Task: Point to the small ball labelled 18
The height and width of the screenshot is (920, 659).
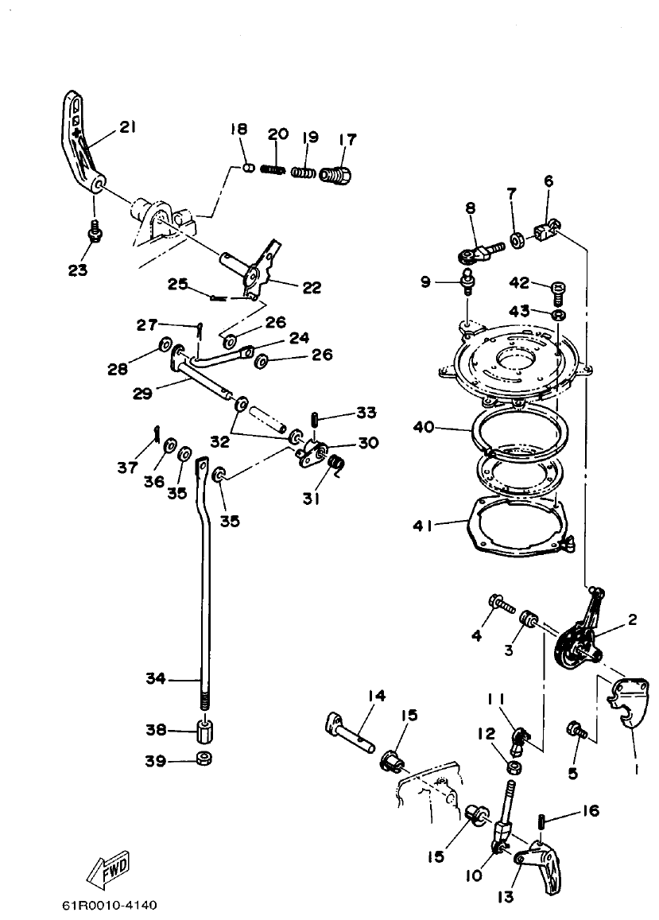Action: point(248,168)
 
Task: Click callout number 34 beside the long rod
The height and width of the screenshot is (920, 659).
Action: point(157,679)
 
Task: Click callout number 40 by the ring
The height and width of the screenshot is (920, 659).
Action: point(425,428)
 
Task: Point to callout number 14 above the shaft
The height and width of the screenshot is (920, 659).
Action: point(376,696)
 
